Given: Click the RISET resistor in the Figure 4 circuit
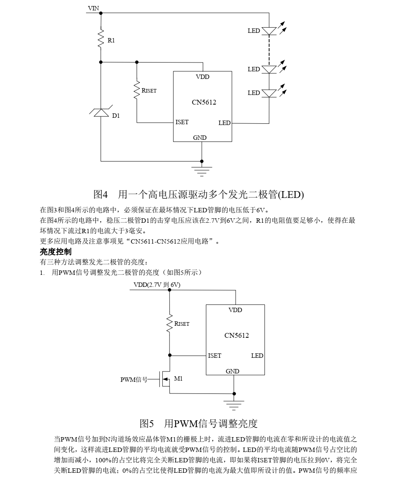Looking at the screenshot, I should pos(137,91).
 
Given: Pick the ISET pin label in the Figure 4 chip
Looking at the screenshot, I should pos(182,122).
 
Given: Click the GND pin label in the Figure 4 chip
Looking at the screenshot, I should pos(200,137).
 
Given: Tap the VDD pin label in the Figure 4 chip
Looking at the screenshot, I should pos(202,77).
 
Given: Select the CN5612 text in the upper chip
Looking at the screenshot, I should pos(204,102).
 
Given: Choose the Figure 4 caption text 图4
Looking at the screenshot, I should pos(101,195).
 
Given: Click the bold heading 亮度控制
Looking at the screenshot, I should pos(56,252).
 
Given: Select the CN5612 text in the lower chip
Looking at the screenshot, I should pos(236,335).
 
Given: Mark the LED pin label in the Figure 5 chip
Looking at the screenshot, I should pos(257,355).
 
